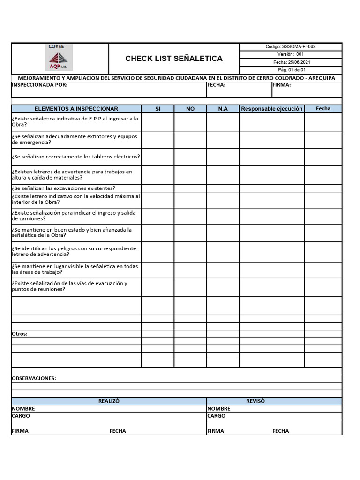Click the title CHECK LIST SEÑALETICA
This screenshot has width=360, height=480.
click(174, 59)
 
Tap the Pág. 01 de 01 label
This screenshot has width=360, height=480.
click(292, 70)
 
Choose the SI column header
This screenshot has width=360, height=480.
click(158, 109)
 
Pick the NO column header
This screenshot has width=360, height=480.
click(190, 109)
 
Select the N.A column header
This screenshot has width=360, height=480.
click(223, 109)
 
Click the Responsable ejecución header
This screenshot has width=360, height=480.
click(272, 109)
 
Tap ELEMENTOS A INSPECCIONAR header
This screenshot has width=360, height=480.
click(76, 109)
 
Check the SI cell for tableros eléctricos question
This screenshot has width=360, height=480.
click(158, 157)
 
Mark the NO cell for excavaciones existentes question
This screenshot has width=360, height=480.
click(190, 188)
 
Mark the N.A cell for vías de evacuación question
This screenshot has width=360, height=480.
click(223, 286)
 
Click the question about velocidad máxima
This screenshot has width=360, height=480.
click(75, 199)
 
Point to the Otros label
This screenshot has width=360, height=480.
click(20, 334)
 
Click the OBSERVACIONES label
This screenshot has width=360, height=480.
click(34, 378)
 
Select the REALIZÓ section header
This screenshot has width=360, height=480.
click(109, 401)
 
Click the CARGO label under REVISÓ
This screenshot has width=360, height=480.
click(217, 416)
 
